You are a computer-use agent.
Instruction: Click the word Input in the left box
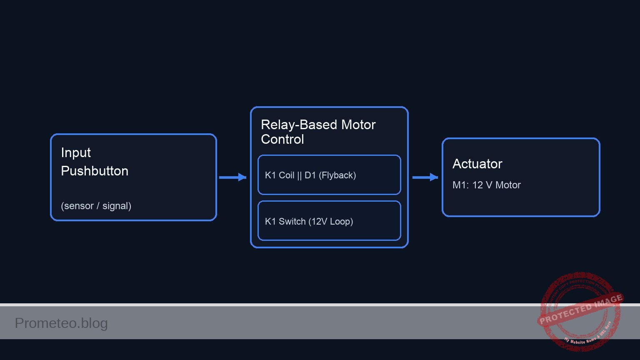tap(76, 153)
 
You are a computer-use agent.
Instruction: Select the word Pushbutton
tap(95, 171)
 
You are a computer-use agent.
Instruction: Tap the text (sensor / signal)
tap(96, 206)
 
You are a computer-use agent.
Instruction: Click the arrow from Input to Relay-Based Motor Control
tap(232, 177)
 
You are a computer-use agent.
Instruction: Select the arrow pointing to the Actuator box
tap(425, 177)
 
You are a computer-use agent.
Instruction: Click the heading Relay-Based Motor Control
tap(318, 132)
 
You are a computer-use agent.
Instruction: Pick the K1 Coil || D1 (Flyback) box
tap(329, 175)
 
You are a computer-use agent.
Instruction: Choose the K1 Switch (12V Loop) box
tap(329, 221)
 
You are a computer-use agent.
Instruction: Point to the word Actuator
tap(477, 164)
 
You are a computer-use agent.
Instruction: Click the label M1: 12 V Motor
tap(486, 185)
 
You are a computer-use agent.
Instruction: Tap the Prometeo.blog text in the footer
tap(61, 323)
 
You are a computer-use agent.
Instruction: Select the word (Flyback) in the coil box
tap(337, 175)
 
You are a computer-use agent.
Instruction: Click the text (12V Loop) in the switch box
tap(331, 222)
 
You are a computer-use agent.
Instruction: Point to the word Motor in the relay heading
tap(358, 125)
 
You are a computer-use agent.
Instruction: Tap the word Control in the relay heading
tap(282, 140)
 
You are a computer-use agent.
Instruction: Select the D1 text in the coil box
tap(310, 175)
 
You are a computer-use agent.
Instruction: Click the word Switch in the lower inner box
tap(292, 222)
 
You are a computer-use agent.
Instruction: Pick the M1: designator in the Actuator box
tap(460, 185)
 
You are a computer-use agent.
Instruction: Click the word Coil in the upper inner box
tap(286, 175)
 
